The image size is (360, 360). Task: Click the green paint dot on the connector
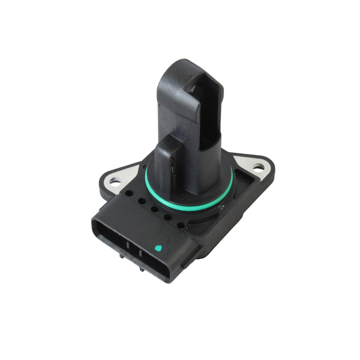[157, 249]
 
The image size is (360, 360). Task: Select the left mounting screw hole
[115, 182]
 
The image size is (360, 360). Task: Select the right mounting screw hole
[258, 168]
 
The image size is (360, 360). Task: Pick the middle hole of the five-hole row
[154, 209]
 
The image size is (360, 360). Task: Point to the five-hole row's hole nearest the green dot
[180, 225]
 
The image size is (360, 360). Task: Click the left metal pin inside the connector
[128, 246]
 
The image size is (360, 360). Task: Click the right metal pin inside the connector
[140, 253]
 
